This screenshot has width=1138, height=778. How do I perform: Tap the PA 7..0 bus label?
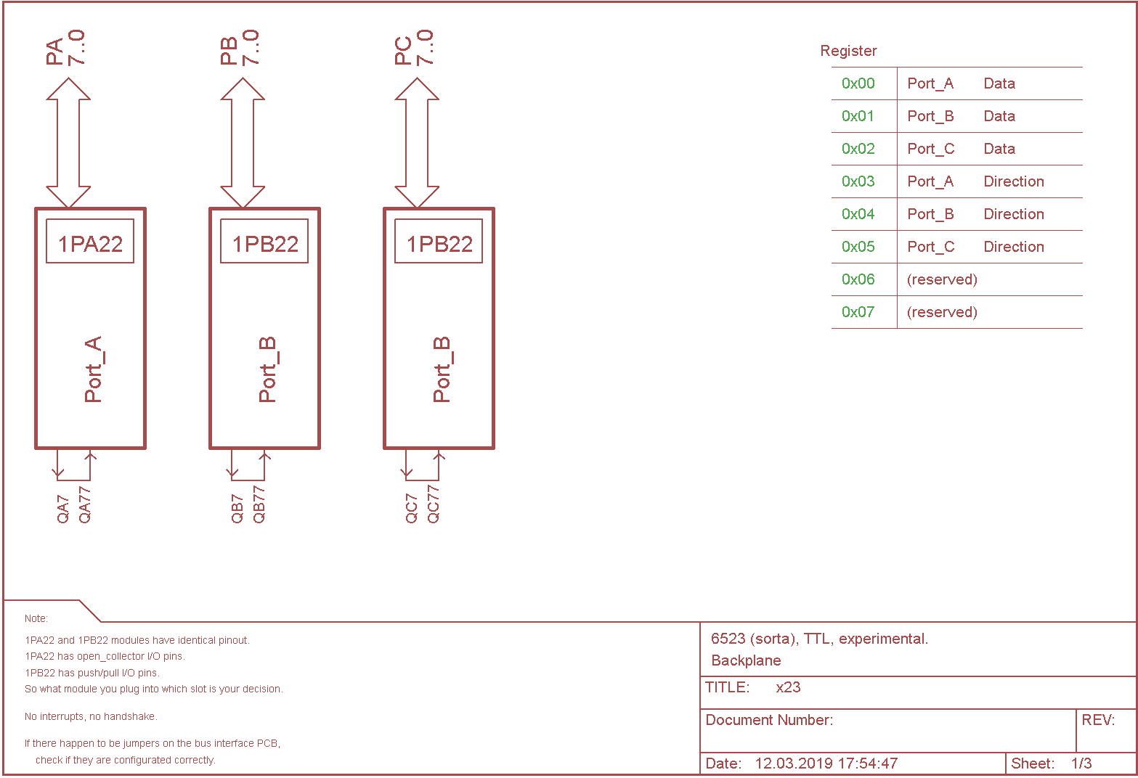tap(65, 48)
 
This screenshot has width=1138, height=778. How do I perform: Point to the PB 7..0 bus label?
tap(240, 48)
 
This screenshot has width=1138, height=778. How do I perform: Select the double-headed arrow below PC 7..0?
tap(417, 143)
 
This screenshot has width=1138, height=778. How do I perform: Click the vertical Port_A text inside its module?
tap(93, 369)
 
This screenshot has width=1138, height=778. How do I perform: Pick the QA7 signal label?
tap(63, 509)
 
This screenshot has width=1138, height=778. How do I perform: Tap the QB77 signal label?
tap(259, 504)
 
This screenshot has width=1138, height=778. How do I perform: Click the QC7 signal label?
tap(412, 509)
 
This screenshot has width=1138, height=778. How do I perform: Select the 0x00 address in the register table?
tap(858, 83)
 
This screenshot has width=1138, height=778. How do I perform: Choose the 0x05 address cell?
tap(858, 247)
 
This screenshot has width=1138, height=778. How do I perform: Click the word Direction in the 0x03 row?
tap(1014, 181)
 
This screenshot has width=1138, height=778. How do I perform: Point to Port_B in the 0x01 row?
tap(930, 116)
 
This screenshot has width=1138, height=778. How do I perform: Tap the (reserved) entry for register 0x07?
tap(942, 312)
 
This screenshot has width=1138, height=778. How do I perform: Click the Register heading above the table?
tap(848, 51)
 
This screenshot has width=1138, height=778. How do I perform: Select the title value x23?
tap(788, 687)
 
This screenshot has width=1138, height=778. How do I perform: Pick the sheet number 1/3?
tap(1081, 763)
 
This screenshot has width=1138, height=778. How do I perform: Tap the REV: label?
tap(1098, 720)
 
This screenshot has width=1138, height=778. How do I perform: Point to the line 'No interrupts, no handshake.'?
tap(91, 716)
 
